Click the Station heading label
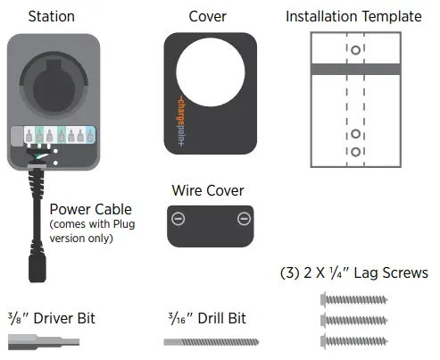52,16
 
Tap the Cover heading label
207,16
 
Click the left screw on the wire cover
178,219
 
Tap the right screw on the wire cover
243,219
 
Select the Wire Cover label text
208,190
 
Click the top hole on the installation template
355,51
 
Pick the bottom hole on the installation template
355,153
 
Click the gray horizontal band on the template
354,69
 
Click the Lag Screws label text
354,273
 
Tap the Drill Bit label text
208,318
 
